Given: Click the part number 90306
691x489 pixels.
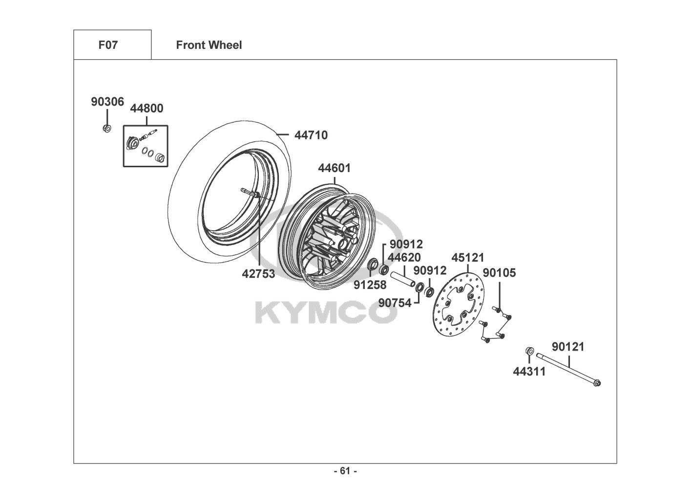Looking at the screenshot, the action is coord(107,102).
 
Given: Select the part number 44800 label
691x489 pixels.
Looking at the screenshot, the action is coord(147,109).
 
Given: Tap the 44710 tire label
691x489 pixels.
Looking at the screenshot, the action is coord(311,135).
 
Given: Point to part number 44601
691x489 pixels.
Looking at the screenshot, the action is coord(335,168).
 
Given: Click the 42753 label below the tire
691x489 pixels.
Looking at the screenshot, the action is coord(258,274).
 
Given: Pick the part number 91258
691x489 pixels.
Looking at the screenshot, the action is coord(370,285).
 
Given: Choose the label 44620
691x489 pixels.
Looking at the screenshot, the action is coord(404,257).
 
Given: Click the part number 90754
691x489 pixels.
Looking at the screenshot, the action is coord(395,303).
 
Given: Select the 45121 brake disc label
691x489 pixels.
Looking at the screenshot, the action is coord(468,258).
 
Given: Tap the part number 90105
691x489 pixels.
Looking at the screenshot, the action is coord(499,273).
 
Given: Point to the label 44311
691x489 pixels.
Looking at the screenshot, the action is coord(529,372).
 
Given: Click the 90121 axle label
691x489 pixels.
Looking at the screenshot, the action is coord(568,347).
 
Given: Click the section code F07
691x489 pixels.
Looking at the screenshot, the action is coord(108,45).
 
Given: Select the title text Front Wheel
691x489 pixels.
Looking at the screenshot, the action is coord(209,45).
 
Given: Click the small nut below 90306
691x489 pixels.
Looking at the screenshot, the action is coord(107,128).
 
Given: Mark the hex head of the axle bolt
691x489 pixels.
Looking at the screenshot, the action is coord(597,383).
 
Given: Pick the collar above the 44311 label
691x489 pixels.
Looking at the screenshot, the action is coord(530,351).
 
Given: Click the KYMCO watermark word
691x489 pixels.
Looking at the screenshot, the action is coord(326,313).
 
